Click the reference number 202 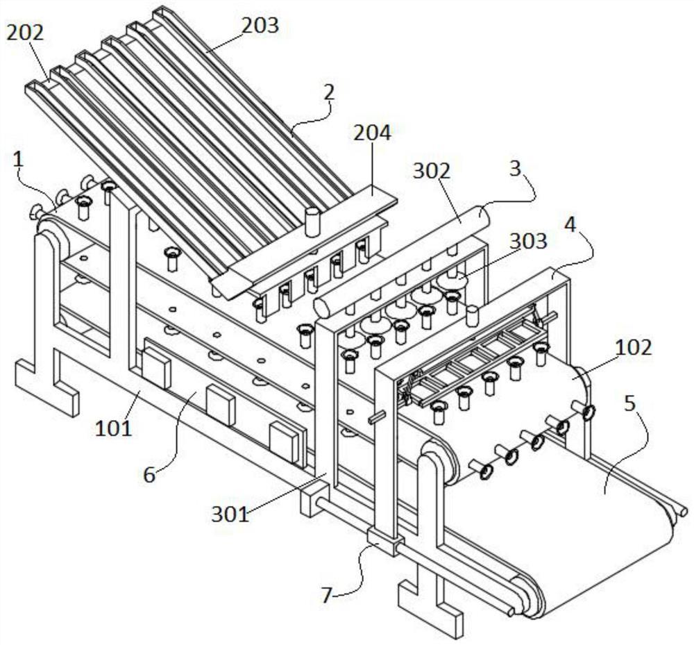[x=25, y=33]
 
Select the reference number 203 [x=260, y=26]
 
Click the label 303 [x=528, y=241]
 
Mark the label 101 [x=114, y=428]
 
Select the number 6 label [x=150, y=474]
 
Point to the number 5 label [x=629, y=403]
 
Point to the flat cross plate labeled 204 [x=305, y=243]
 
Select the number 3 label [x=514, y=170]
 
